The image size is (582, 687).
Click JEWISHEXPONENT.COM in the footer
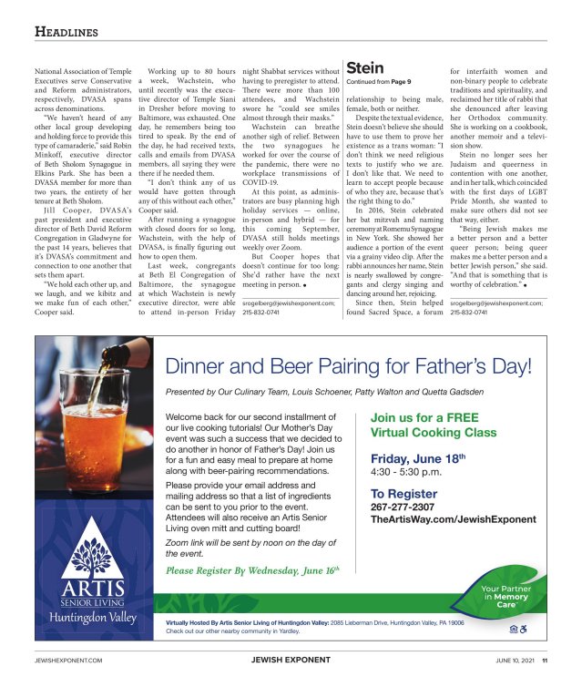68,661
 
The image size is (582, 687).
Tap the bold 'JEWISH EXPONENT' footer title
290,661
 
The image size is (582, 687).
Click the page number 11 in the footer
545,661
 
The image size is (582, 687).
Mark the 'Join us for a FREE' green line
424,418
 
